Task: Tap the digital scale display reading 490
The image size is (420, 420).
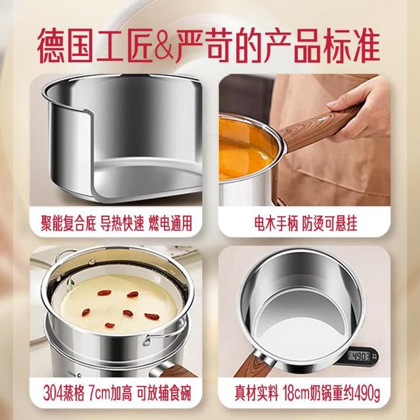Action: (x=360, y=356)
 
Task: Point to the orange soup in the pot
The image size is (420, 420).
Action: (x=244, y=150)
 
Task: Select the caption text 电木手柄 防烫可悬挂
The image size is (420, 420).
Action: (x=305, y=223)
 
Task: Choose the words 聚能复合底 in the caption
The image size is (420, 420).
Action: (x=68, y=223)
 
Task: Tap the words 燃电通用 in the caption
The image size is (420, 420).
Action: (x=171, y=223)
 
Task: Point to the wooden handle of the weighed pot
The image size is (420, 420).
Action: (x=253, y=365)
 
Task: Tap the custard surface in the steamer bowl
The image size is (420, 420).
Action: (x=118, y=303)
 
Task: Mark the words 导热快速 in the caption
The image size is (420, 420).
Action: (x=122, y=223)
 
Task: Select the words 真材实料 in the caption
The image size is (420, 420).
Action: (x=257, y=393)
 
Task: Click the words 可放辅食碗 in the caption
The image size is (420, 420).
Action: (x=164, y=393)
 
